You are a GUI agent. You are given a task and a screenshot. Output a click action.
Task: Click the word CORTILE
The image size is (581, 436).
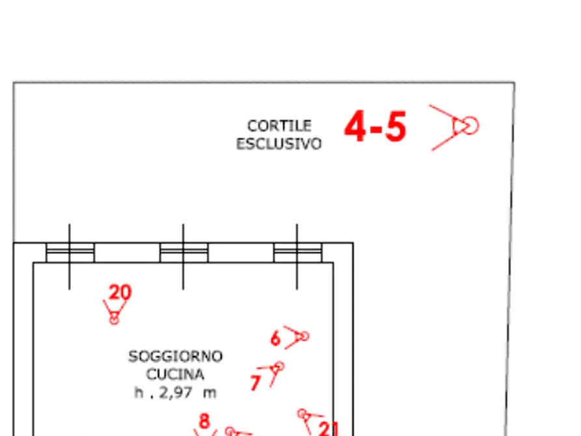coord(279,125)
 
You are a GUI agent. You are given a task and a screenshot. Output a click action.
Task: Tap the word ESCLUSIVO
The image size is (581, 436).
coord(279,143)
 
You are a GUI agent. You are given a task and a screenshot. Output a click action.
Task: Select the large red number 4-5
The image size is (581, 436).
coord(375,126)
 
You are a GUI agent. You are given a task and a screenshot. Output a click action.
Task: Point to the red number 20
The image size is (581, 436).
coord(119,292)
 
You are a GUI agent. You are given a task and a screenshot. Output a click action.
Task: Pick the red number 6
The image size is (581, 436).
coord(275,338)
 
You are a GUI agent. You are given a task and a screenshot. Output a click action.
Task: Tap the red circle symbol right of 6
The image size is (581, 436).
coord(302,336)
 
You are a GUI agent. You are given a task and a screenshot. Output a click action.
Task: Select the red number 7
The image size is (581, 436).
coord(255,383)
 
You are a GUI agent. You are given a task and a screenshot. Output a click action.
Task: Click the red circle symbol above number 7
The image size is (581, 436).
coord(277,367)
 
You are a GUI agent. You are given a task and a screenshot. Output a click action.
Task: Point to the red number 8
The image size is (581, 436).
coord(204,421)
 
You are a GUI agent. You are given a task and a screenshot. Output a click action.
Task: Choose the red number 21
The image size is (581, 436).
coord(329,428)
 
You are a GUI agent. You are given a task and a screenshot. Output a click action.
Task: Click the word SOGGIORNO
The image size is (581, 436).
coord(175,357)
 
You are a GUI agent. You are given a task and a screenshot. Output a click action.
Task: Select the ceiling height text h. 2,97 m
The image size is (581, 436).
coord(175,392)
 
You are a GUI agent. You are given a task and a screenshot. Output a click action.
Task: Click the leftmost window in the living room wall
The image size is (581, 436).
coord(70,252)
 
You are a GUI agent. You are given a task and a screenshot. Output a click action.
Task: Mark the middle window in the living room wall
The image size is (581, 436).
coord(183,252)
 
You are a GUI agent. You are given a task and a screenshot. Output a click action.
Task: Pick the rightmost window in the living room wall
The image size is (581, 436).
coord(297,252)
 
